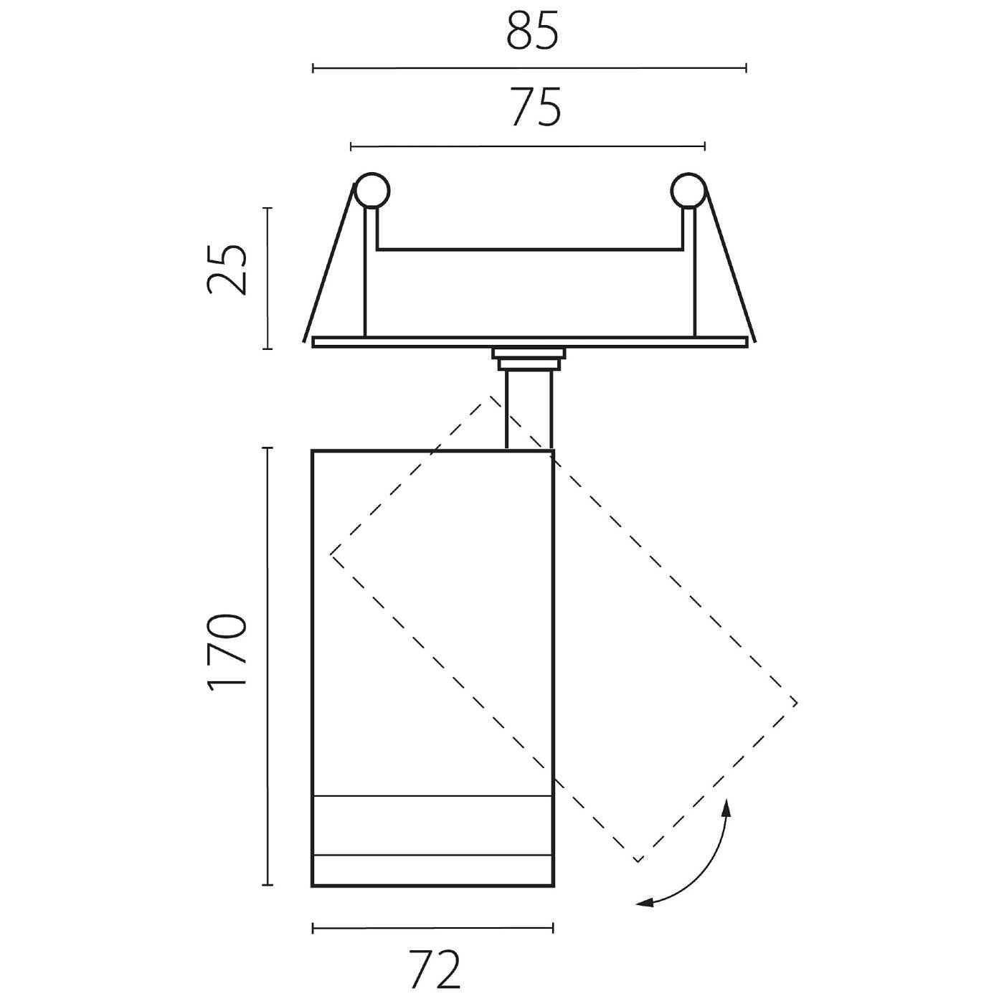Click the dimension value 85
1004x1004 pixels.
click(x=532, y=32)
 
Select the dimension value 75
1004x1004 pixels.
click(x=535, y=107)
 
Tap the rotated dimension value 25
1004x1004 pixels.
click(x=226, y=270)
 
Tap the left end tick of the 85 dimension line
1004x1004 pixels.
click(x=313, y=67)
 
